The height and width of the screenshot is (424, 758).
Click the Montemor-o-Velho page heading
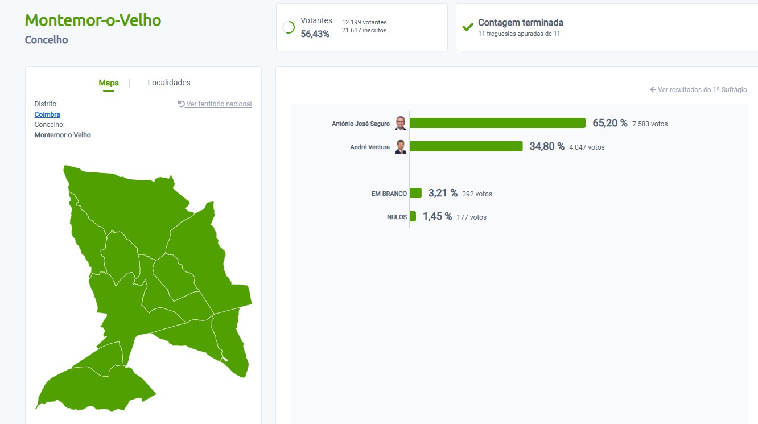(93, 20)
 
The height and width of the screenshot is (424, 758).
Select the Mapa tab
(109, 83)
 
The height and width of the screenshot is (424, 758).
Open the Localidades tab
(169, 83)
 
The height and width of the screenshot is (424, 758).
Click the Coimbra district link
(47, 114)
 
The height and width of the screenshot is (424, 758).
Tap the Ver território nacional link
(215, 104)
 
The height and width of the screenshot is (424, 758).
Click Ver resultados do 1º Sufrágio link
(698, 90)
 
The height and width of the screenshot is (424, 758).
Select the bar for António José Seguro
(497, 123)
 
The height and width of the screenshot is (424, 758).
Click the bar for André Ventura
(466, 146)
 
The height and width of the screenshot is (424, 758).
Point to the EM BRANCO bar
(415, 193)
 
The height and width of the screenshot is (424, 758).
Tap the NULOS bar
(413, 216)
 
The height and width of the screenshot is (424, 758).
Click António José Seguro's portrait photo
(401, 123)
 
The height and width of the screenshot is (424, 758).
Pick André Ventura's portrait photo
(401, 146)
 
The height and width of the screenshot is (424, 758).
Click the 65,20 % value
(609, 123)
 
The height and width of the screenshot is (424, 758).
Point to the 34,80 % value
(546, 146)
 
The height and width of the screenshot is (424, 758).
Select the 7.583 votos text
(650, 124)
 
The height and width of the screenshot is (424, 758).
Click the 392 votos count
(477, 194)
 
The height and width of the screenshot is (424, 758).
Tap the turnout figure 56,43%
(315, 34)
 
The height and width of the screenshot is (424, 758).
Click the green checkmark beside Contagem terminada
(468, 27)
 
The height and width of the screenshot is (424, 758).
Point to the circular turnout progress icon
(289, 27)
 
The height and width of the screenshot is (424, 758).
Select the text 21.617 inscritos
(364, 31)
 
